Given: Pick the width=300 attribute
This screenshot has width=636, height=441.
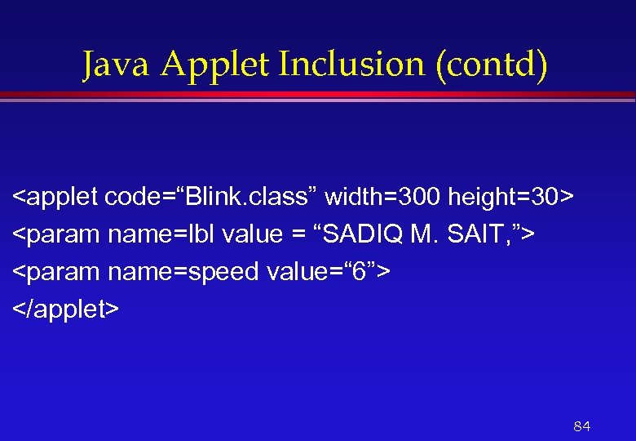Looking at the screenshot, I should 383,198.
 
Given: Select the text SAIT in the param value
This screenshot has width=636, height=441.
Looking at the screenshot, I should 478,235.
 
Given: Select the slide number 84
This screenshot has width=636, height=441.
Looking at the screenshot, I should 581,426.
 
